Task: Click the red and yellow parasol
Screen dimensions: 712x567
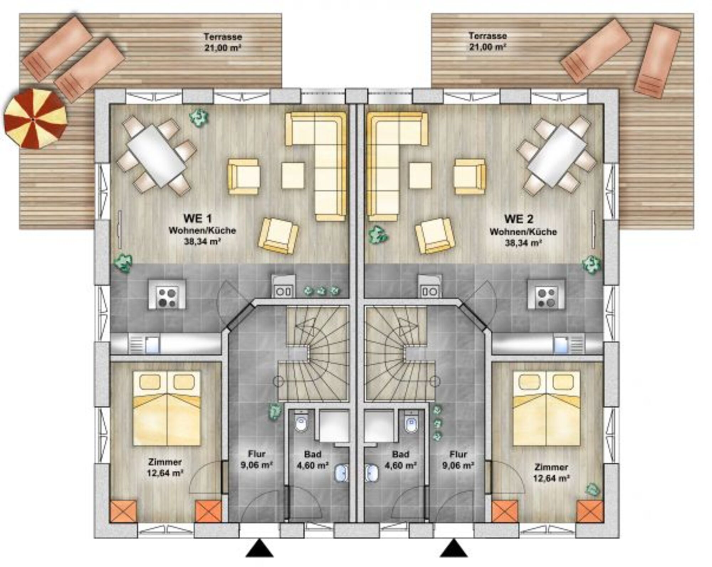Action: coord(35,118)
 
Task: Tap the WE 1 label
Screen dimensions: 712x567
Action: coord(198,218)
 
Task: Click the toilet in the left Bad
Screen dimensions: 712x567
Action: coord(301,423)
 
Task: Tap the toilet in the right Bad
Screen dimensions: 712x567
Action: coord(411,423)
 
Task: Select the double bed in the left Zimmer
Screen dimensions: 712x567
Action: coord(167,408)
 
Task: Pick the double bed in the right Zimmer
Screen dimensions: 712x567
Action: coord(546,408)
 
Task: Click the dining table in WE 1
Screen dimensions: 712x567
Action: coord(157,155)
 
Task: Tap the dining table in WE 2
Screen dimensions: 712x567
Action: coord(557,155)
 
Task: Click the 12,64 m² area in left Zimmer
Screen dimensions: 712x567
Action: coord(165,473)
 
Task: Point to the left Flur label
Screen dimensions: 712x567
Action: coord(257,454)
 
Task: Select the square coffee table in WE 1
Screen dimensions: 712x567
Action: coord(293,175)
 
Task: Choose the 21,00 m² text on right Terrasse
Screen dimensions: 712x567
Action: coord(488,47)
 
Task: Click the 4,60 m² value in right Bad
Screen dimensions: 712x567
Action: coord(400,465)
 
